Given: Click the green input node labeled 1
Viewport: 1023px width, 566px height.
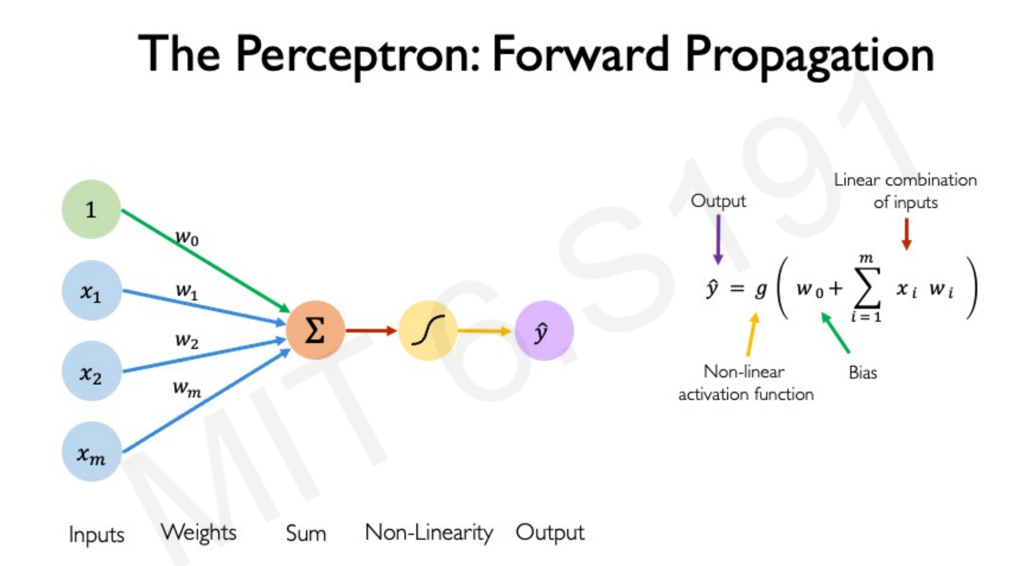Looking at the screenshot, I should [x=91, y=209].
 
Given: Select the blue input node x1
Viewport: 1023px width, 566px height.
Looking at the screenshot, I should [x=91, y=291].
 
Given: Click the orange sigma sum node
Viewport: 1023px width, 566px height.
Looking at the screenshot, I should [x=315, y=330].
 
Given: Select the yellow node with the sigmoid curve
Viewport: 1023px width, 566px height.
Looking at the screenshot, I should [x=428, y=330].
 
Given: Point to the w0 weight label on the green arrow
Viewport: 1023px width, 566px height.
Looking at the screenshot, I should [x=187, y=238].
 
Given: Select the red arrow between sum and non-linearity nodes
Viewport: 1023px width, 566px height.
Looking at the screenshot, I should [x=371, y=331].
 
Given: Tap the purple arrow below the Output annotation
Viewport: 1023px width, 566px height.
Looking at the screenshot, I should [x=718, y=239].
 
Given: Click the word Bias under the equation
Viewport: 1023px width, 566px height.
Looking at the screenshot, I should [x=863, y=373].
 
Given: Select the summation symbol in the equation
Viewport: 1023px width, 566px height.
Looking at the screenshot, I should [x=867, y=288].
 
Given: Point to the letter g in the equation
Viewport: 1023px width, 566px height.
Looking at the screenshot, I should [x=761, y=290].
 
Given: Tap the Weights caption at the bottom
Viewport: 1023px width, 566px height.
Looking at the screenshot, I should [x=198, y=533].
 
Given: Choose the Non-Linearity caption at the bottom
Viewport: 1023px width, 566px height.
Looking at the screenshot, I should [x=429, y=533].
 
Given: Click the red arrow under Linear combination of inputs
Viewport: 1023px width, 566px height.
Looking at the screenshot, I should [x=906, y=234].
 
